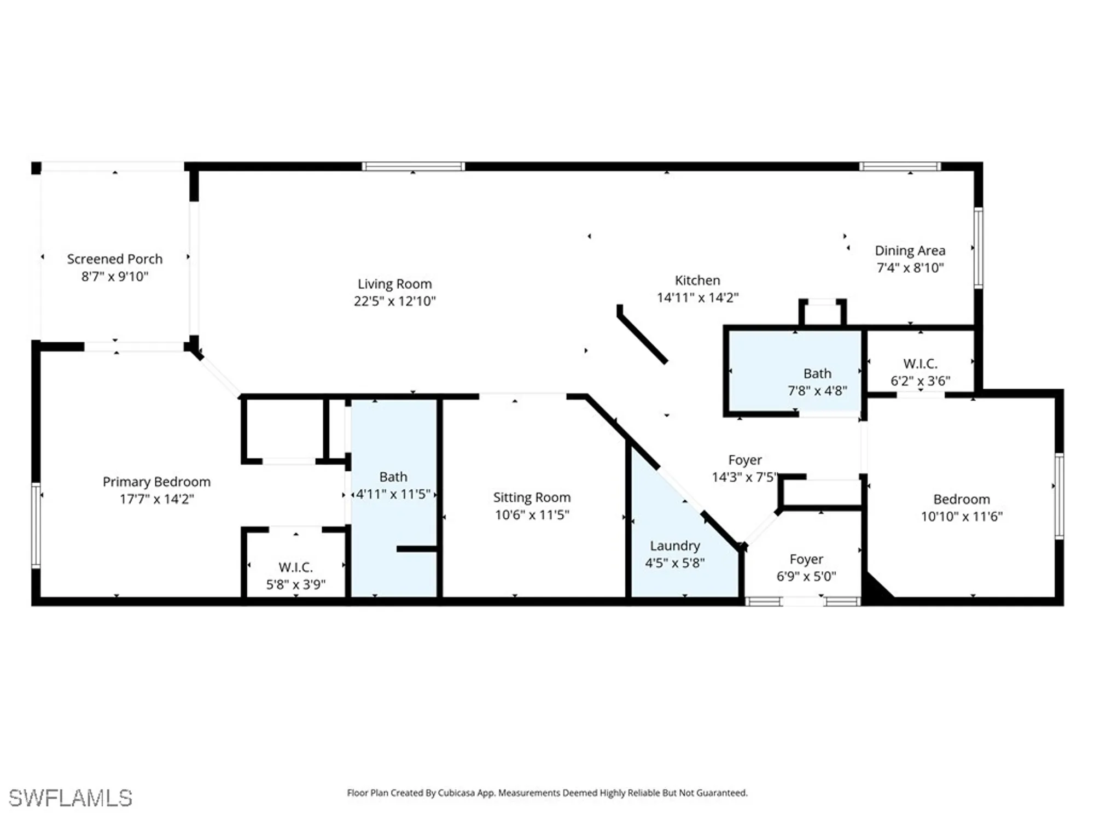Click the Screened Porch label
click(114, 259)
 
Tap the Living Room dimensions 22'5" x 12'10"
click(394, 301)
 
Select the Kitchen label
click(697, 280)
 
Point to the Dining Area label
click(910, 250)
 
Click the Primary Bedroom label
click(156, 482)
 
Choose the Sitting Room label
click(532, 497)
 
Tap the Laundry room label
click(674, 546)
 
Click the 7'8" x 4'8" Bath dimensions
click(817, 391)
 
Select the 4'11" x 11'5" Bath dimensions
click(393, 494)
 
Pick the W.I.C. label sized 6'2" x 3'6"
click(920, 364)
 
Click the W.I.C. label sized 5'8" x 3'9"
click(295, 567)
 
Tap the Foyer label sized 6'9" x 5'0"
click(806, 559)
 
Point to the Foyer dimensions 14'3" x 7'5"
click(744, 477)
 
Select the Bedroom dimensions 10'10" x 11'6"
click(961, 517)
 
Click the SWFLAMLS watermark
click(71, 798)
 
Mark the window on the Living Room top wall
click(413, 166)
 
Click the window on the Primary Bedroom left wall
click(36, 525)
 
